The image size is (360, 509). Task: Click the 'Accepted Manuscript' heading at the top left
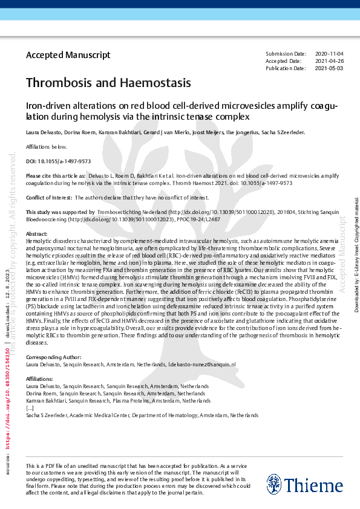[68, 55]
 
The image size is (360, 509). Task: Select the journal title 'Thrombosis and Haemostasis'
[108, 82]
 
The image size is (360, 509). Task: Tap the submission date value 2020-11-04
[329, 54]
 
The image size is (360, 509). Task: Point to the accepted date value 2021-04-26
[329, 61]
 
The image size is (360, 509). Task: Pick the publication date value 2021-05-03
[329, 68]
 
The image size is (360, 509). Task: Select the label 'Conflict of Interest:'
[49, 198]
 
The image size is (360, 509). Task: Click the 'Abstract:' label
[37, 233]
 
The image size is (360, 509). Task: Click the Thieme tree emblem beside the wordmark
[273, 484]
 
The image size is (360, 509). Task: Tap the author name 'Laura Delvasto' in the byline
[44, 132]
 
